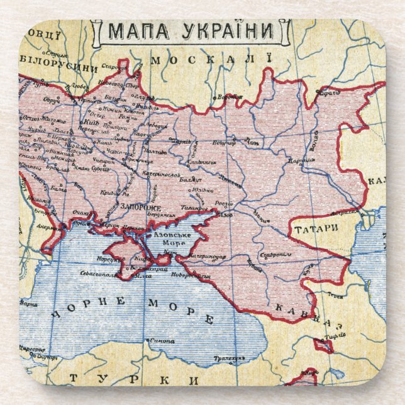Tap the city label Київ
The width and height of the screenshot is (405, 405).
tap(92, 123)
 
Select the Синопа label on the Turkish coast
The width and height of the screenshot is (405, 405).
tap(165, 340)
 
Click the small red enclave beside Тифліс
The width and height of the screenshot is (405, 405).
tap(324, 345)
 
